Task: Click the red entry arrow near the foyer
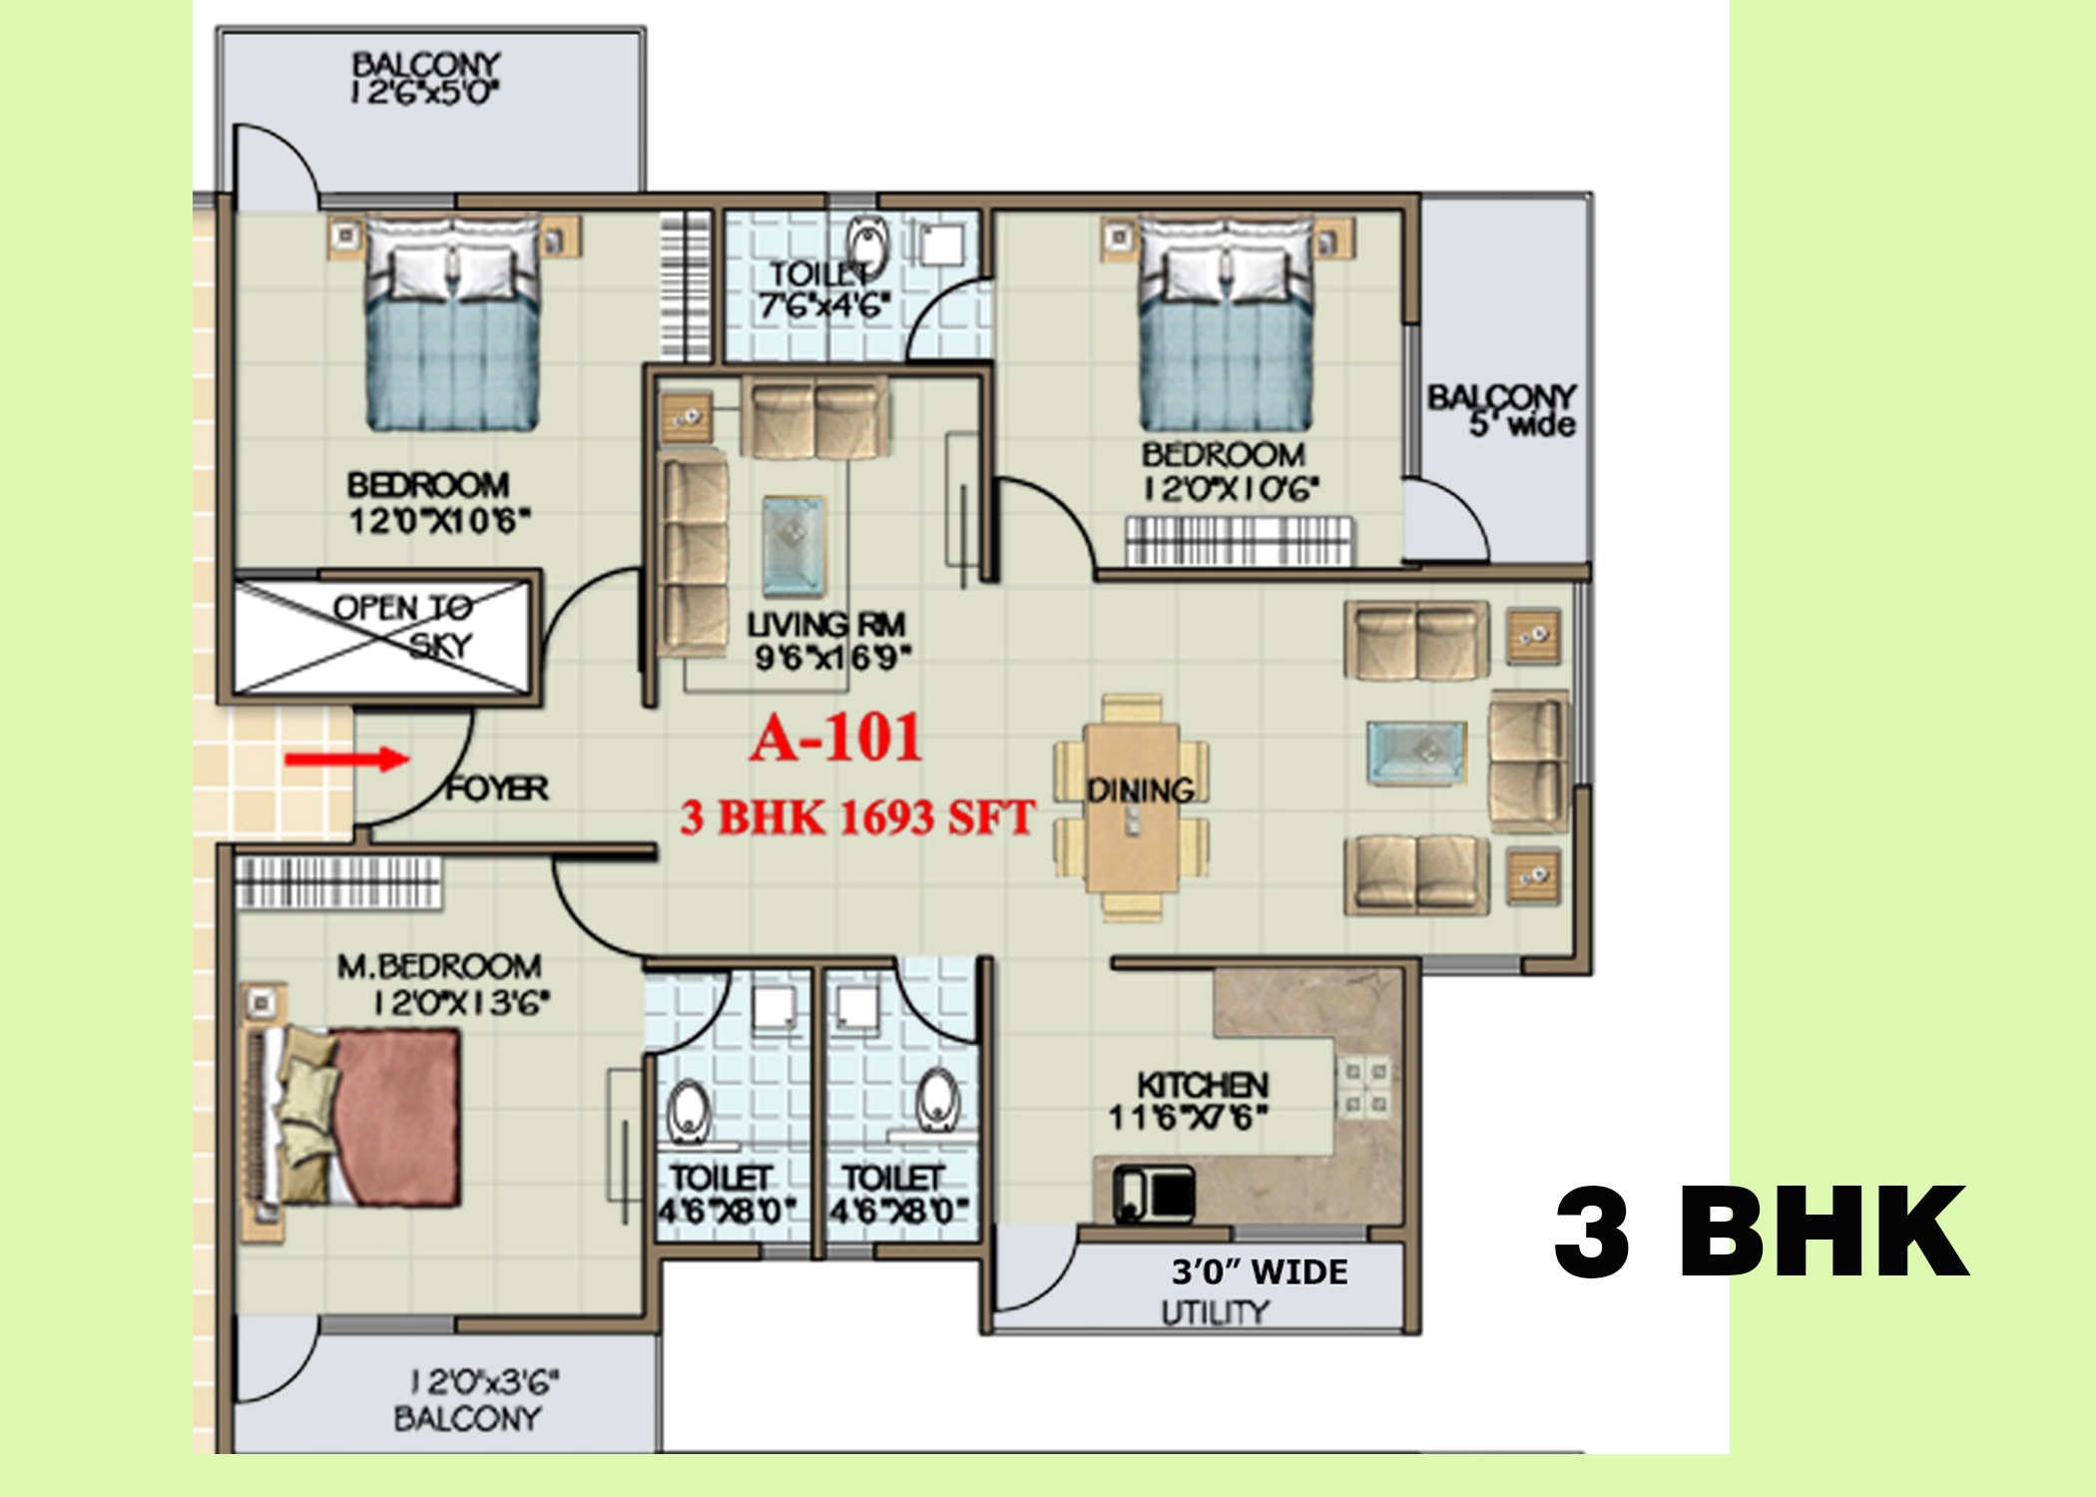[x=346, y=760]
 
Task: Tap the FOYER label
[x=497, y=788]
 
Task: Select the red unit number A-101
[x=836, y=739]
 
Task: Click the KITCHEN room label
[x=1203, y=1085]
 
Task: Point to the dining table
[x=1133, y=806]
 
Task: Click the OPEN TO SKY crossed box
[x=381, y=636]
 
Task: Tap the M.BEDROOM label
[x=439, y=966]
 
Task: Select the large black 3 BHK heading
[x=1762, y=1232]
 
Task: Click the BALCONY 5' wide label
[x=1502, y=410]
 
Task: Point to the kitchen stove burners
[x=1364, y=1087]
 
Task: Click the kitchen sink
[x=1154, y=1194]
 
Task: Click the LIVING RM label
[x=826, y=625]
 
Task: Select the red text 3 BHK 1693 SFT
[x=857, y=817]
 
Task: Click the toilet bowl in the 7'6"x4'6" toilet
[x=866, y=245]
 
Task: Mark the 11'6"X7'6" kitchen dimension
[x=1189, y=1117]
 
